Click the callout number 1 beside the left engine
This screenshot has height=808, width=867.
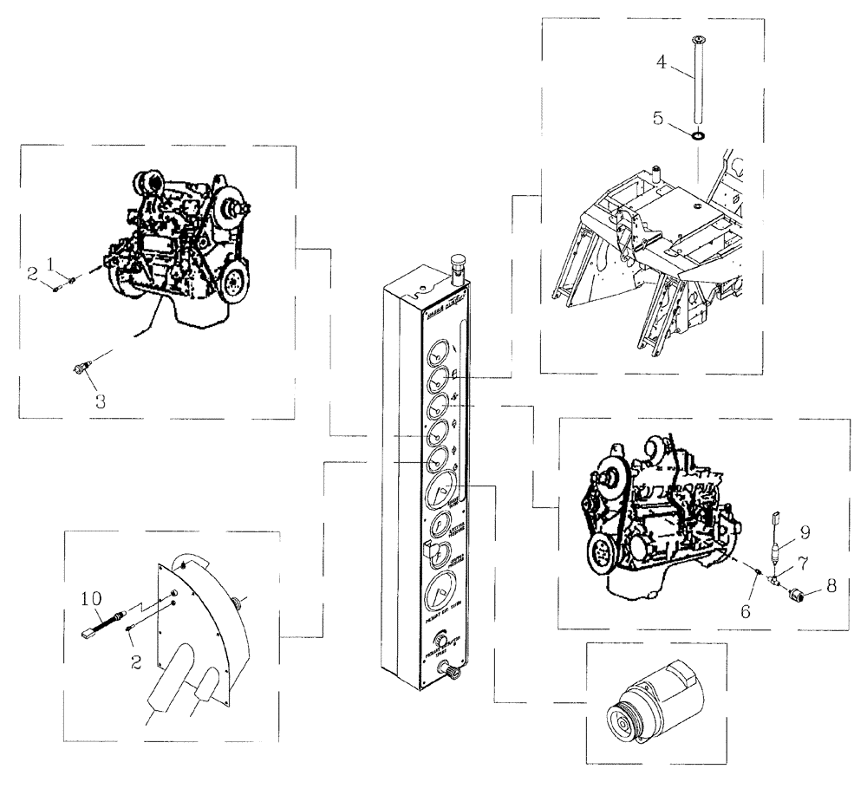(x=51, y=263)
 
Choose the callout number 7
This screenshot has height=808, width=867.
(x=805, y=564)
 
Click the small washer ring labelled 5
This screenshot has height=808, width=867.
(x=699, y=136)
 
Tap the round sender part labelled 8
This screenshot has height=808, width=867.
(x=793, y=596)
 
